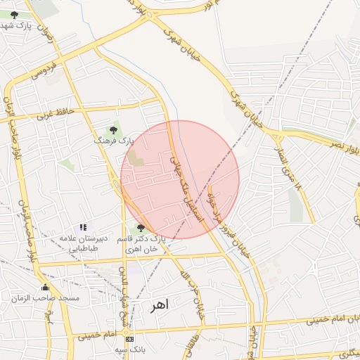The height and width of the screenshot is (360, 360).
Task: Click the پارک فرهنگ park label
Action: point(112,141)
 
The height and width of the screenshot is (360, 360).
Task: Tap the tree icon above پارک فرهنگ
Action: point(113,130)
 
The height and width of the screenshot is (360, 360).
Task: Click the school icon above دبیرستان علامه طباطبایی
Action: point(83,227)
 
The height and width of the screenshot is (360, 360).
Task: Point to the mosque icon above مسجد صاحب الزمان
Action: point(46,287)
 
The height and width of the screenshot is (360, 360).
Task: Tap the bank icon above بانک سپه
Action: point(129,338)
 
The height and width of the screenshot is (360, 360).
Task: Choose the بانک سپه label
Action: point(129,349)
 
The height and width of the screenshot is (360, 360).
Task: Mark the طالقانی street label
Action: point(191,342)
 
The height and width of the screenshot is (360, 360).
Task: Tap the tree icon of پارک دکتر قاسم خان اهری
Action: point(141,227)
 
